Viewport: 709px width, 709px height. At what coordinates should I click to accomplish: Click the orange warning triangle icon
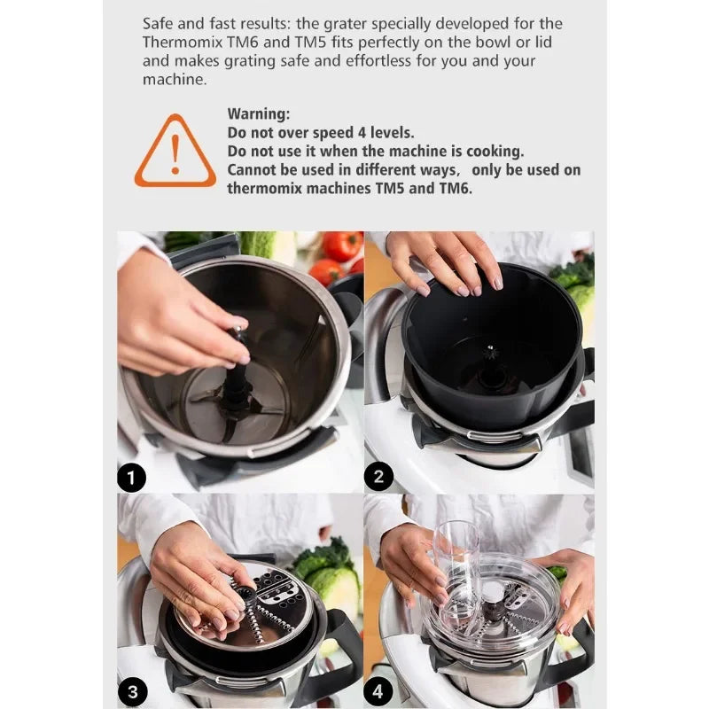pyautogui.click(x=175, y=152)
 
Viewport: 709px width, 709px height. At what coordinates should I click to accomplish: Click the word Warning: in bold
pyautogui.click(x=259, y=113)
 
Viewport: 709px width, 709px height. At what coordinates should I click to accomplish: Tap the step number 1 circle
pyautogui.click(x=131, y=478)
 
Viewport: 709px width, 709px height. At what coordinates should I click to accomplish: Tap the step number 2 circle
pyautogui.click(x=378, y=477)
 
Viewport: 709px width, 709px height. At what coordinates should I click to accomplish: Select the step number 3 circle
pyautogui.click(x=132, y=692)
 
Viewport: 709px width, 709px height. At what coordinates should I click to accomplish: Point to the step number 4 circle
pyautogui.click(x=378, y=691)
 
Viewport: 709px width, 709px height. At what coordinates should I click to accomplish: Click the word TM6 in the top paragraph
pyautogui.click(x=242, y=42)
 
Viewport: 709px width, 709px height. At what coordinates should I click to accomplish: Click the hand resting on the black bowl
pyautogui.click(x=446, y=262)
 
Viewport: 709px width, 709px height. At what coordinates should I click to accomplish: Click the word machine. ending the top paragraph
pyautogui.click(x=175, y=80)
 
